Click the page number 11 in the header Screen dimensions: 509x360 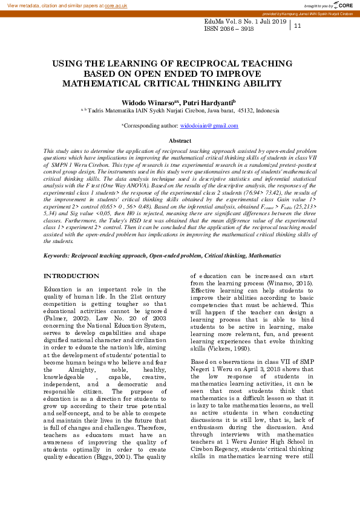tap(298, 26)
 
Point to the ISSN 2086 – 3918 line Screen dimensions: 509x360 tap(229, 28)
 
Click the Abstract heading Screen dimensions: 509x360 tap(179, 140)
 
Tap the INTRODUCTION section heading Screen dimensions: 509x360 tap(71, 276)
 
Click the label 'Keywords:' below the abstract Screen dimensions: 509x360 tap(56, 256)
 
